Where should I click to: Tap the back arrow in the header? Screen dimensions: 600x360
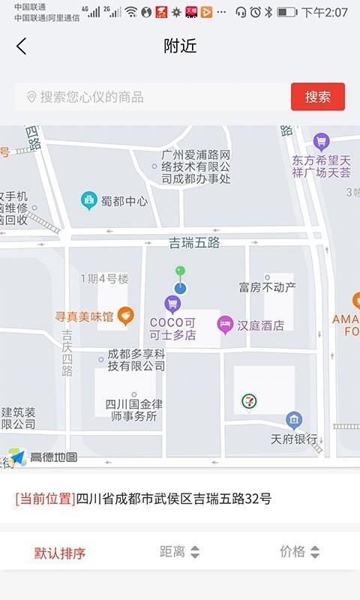click(21, 46)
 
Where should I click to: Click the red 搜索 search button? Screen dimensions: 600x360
click(317, 97)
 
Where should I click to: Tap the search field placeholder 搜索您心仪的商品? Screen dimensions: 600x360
click(91, 97)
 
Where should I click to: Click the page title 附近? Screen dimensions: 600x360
click(180, 46)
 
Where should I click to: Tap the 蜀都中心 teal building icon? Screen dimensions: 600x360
click(89, 200)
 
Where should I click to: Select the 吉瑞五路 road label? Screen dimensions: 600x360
click(194, 242)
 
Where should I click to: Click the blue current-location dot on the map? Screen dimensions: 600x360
click(180, 287)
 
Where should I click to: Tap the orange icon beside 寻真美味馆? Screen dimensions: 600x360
click(125, 316)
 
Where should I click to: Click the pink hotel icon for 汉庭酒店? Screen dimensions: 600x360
click(224, 325)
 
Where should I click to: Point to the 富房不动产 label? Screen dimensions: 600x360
click(267, 286)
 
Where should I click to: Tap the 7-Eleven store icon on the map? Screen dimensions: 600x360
click(248, 401)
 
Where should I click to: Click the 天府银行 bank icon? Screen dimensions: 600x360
click(294, 419)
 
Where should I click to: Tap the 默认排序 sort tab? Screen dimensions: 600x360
click(60, 553)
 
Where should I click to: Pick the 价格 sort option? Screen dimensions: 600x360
click(299, 552)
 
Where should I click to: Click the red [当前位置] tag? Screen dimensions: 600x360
click(45, 499)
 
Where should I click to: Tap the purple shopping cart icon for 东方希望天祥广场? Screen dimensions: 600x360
click(322, 140)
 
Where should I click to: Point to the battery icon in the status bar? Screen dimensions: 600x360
click(286, 12)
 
